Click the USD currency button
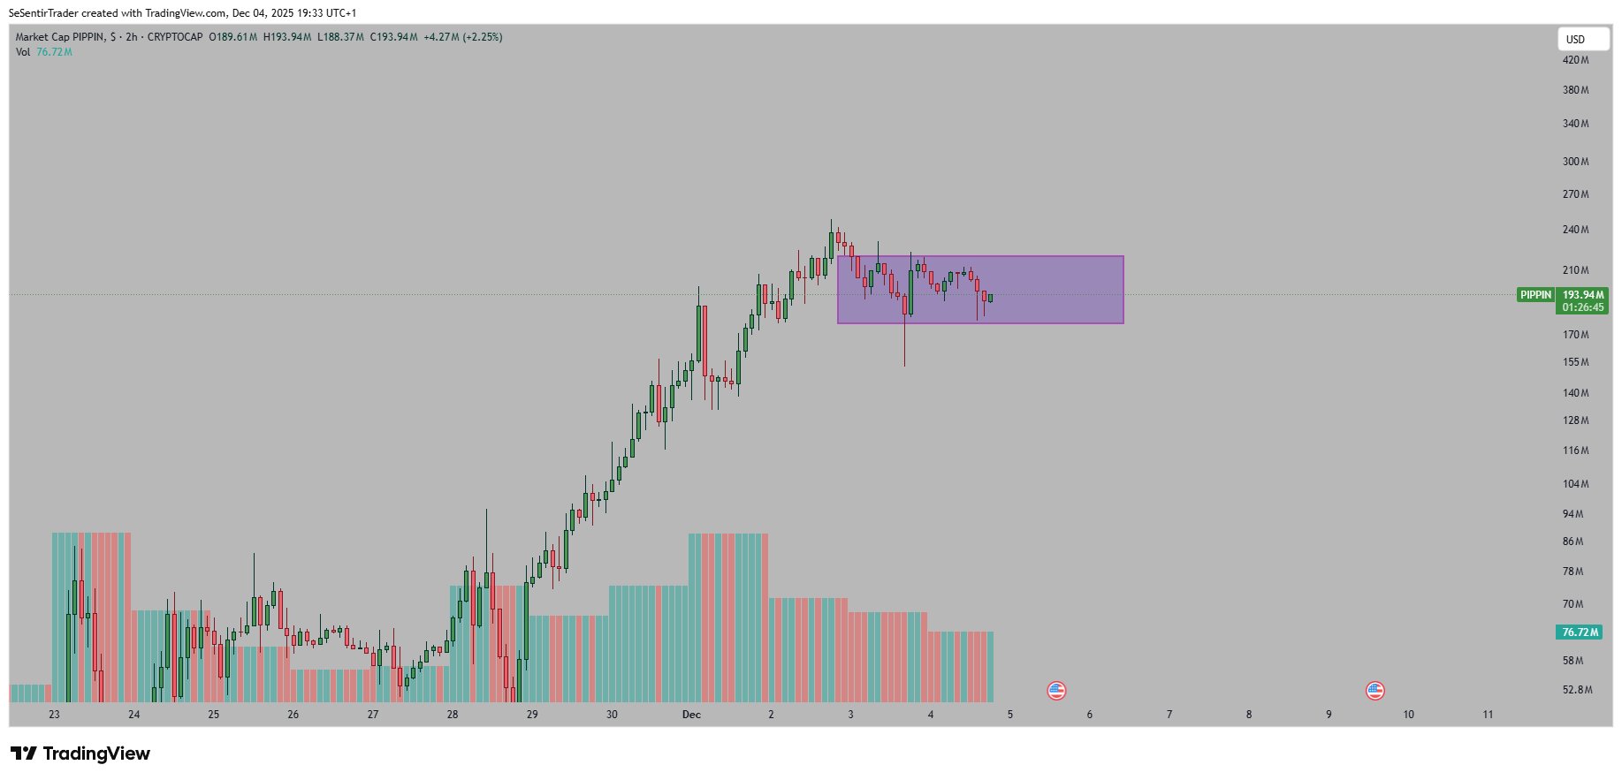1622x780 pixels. [x=1582, y=39]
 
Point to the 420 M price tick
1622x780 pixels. [x=1575, y=60]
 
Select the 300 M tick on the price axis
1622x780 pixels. [x=1575, y=162]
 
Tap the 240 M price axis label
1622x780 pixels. [x=1575, y=230]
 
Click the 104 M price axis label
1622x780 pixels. [x=1575, y=484]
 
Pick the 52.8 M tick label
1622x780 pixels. [x=1577, y=690]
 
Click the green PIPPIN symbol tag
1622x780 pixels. [x=1535, y=295]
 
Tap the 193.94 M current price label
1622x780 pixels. [x=1582, y=295]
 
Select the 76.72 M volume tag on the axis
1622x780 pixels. [x=1580, y=632]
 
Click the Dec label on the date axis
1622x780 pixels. [x=691, y=715]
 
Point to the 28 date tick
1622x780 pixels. [x=453, y=715]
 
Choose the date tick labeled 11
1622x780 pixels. [x=1488, y=715]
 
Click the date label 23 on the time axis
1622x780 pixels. [x=54, y=715]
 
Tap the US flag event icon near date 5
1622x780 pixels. [x=1056, y=691]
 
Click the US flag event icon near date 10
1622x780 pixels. [x=1375, y=691]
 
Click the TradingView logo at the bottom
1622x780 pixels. [x=80, y=753]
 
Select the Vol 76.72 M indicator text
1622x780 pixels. [x=43, y=52]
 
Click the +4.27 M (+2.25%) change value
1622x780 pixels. [x=462, y=37]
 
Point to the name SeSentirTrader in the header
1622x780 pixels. [x=43, y=13]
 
